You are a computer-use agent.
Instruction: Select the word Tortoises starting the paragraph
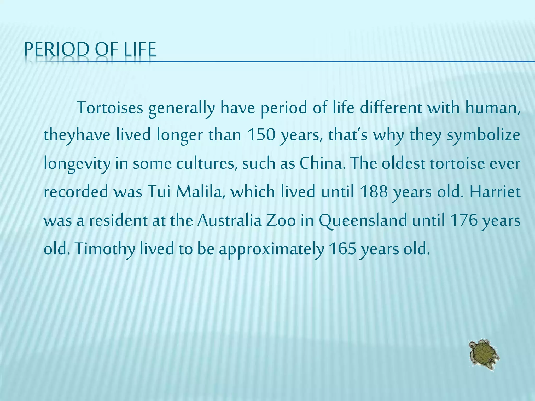110,108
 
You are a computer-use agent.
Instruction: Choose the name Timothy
104,249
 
